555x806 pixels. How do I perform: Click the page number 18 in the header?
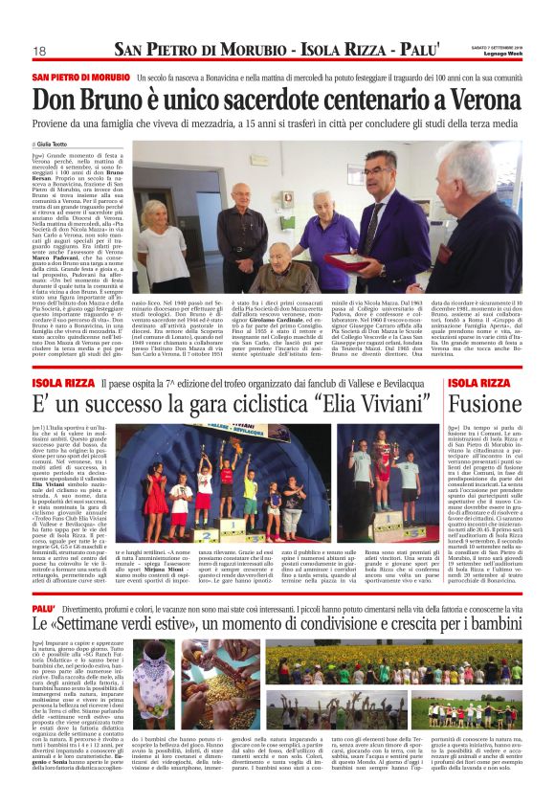(x=39, y=50)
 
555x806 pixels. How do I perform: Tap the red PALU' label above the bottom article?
(x=44, y=580)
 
